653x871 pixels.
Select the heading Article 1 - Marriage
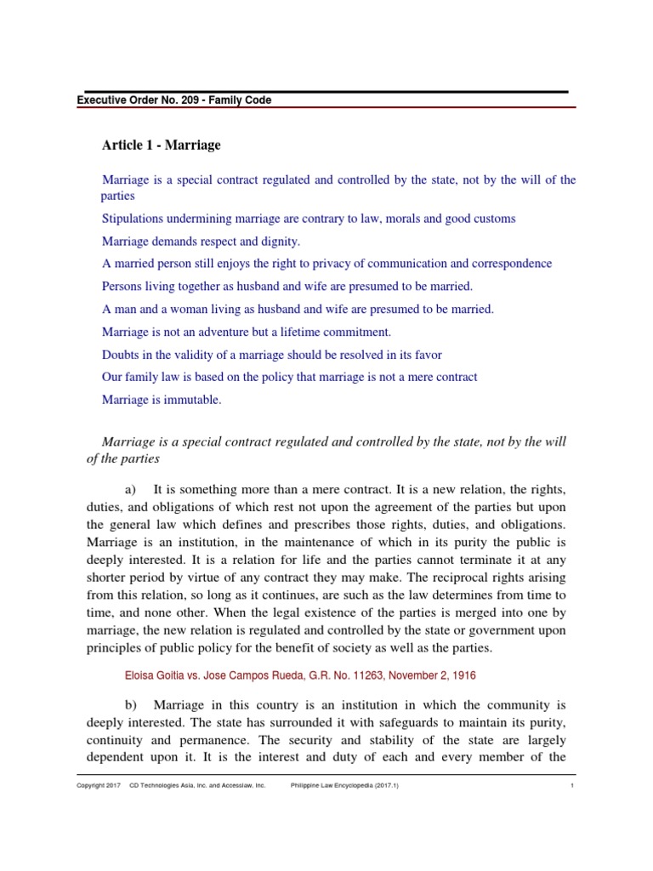tap(161, 145)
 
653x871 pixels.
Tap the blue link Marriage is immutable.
tap(161, 401)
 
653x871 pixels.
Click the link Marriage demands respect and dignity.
tap(201, 242)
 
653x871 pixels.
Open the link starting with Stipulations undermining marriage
tap(308, 219)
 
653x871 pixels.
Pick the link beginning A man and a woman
tap(297, 309)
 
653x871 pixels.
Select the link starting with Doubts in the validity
tap(271, 355)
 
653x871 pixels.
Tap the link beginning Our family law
tap(289, 377)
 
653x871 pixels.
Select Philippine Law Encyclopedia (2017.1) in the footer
tap(344, 786)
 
